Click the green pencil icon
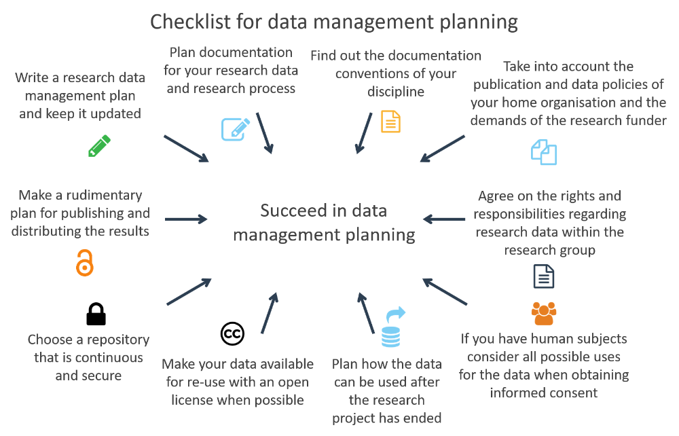pos(100,146)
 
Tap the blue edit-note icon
pos(236,129)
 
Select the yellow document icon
pos(390,122)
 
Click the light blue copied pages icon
pos(544,152)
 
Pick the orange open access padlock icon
pos(85,263)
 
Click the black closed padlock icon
pos(96,314)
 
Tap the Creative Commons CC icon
pos(232,334)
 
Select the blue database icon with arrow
pos(392,327)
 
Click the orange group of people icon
pos(544,314)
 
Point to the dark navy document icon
pos(544,276)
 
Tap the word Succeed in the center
pos(293,211)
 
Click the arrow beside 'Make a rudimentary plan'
pos(186,219)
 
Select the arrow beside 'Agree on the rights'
pos(444,219)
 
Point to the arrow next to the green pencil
pos(186,149)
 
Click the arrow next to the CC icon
pos(270,313)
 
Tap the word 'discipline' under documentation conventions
pos(396,92)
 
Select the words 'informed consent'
pos(543,393)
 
